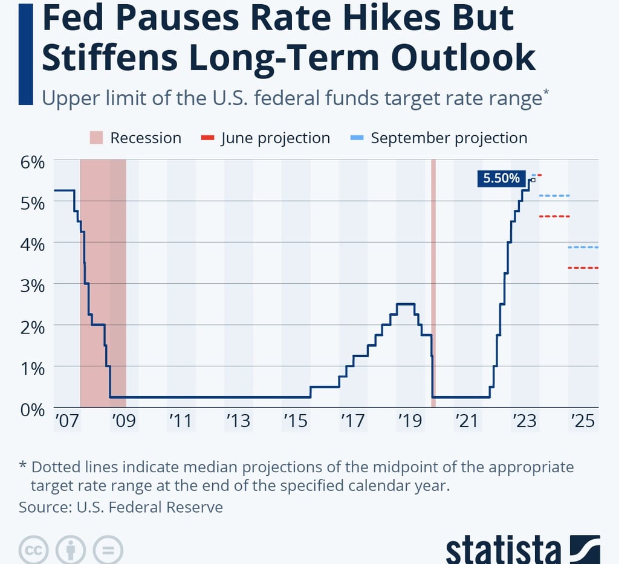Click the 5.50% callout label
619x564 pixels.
500,178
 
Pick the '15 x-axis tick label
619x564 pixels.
296,421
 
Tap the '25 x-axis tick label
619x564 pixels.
583,421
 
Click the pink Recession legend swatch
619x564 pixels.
97,138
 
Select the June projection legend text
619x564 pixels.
275,138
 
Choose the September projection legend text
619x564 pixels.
449,138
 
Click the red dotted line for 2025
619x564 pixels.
583,268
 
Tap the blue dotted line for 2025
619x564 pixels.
583,247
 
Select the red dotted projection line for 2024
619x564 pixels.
554,216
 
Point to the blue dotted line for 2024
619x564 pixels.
554,196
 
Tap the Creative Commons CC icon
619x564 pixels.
33,550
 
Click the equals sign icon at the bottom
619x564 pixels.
108,550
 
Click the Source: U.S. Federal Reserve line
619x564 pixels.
121,507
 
